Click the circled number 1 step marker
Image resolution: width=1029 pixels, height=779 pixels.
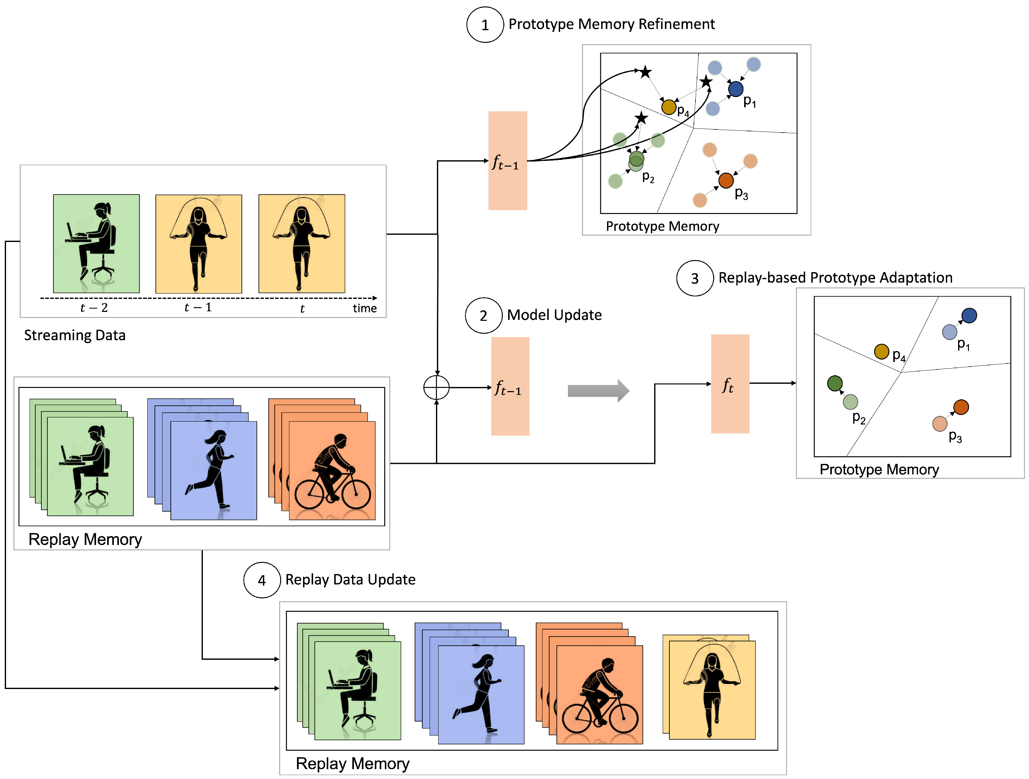coord(485,25)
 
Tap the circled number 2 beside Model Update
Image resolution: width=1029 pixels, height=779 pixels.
coord(483,316)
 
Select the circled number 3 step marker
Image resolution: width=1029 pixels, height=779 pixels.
coord(694,278)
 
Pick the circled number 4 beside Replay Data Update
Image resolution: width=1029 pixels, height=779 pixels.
coord(262,580)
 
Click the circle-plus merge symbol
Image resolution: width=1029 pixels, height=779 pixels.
coord(436,387)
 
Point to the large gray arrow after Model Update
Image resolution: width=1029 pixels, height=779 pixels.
coord(598,391)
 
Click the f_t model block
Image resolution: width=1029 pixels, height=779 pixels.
coord(729,384)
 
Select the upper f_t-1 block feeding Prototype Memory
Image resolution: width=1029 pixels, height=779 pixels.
coord(508,161)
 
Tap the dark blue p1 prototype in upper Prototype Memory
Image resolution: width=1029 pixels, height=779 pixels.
coord(735,89)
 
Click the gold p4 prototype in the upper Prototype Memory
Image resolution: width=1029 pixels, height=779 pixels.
coord(668,107)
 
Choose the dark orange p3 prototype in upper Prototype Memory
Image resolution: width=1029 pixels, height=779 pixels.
coord(726,180)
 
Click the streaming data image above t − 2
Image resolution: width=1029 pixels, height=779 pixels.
coord(96,243)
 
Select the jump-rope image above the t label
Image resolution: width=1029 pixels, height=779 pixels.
coord(301,243)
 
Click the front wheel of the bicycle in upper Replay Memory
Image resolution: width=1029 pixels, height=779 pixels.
coord(357,493)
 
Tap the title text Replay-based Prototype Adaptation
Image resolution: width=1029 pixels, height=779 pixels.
coord(835,278)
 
